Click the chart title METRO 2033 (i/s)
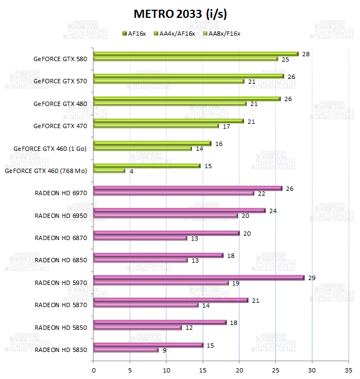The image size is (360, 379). click(179, 13)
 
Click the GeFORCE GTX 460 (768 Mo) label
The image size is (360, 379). click(45, 171)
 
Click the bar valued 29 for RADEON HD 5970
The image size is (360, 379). click(199, 278)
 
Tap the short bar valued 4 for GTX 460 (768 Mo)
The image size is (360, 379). click(109, 171)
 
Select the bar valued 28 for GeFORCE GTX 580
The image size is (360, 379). click(196, 54)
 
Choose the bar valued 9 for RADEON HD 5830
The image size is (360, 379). click(126, 350)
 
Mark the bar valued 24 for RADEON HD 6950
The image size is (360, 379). click(179, 211)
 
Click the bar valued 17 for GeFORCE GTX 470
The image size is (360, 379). click(156, 126)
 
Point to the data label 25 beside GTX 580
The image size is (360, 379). click(285, 59)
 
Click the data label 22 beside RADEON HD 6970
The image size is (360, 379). click(262, 193)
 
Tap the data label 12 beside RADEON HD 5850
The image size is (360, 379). click(189, 328)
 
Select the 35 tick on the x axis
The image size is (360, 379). click(348, 370)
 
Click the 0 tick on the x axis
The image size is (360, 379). click(94, 370)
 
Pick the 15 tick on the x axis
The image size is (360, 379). click(203, 370)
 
